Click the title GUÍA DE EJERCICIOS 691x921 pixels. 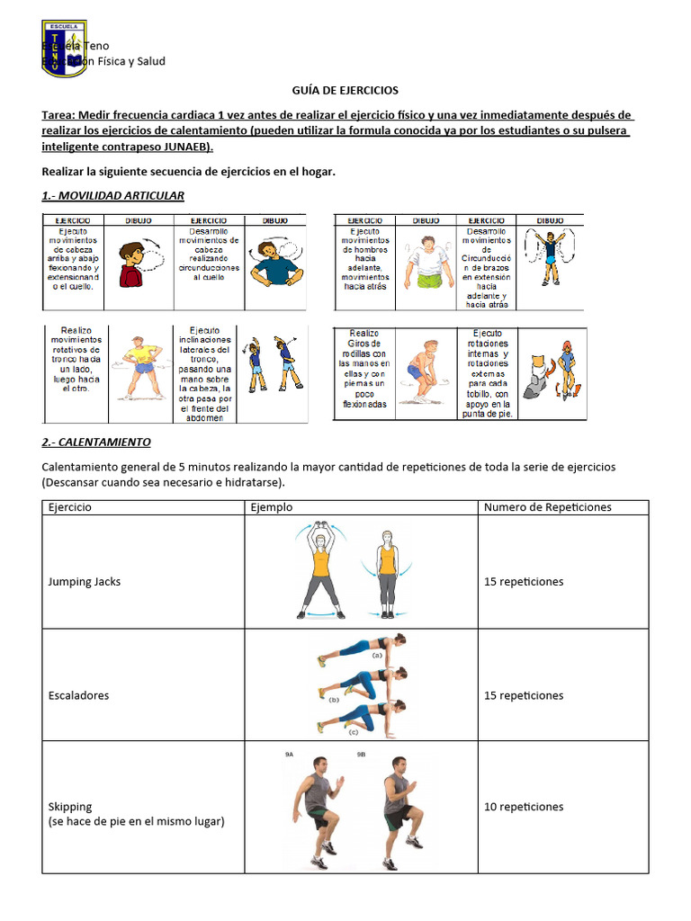pyautogui.click(x=345, y=91)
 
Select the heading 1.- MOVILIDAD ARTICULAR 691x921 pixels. pyautogui.click(x=113, y=195)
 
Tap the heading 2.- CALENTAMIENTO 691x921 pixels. pyautogui.click(x=96, y=443)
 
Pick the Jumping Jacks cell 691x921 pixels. pyautogui.click(x=85, y=582)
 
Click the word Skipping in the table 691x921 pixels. pyautogui.click(x=70, y=807)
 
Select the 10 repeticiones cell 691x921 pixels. pyautogui.click(x=524, y=807)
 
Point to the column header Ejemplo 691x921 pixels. pyautogui.click(x=271, y=507)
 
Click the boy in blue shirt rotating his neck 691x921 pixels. pyautogui.click(x=275, y=264)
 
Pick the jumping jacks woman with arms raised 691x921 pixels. pyautogui.click(x=321, y=571)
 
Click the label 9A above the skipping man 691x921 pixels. pyautogui.click(x=289, y=756)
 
